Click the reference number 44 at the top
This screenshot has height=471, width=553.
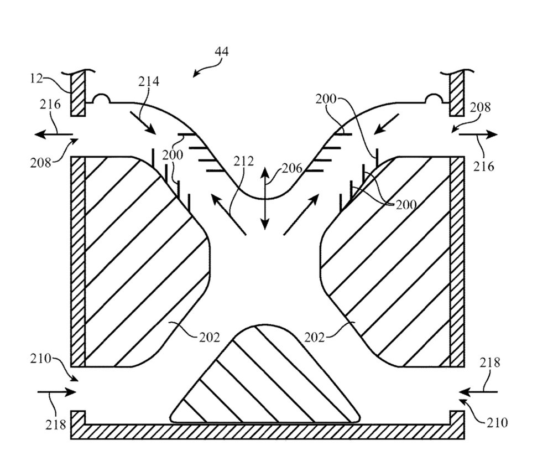click(222, 51)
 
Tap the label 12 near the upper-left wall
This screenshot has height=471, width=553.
click(36, 78)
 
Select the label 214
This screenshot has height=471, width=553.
click(148, 81)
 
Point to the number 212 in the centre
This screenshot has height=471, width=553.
click(244, 162)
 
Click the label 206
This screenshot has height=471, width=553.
click(293, 168)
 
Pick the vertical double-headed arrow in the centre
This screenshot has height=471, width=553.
click(265, 199)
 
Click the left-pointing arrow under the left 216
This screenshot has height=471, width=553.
click(54, 134)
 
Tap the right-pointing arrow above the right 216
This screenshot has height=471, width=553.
click(478, 134)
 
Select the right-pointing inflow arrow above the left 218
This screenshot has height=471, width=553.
click(57, 392)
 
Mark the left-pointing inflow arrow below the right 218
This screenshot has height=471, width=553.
click(478, 391)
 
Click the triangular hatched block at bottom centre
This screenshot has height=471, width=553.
click(265, 374)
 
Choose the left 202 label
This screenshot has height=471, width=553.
click(210, 338)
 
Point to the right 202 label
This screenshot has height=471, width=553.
click(314, 338)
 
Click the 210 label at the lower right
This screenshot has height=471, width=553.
click(497, 422)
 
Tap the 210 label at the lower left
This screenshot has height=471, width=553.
click(40, 359)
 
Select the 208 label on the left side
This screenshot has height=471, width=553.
click(40, 163)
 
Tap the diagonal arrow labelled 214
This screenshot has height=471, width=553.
click(143, 123)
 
